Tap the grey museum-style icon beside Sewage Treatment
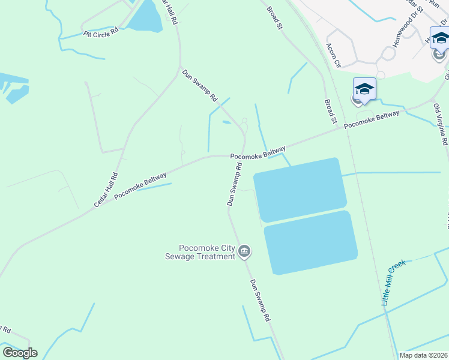244,252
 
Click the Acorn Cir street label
333,55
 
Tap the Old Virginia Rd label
441,124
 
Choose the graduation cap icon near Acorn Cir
364,89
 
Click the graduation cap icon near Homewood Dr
440,38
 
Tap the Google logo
20,353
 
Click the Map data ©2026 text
423,355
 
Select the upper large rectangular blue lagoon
300,189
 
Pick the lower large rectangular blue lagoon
311,242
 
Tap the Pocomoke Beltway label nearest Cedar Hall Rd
140,185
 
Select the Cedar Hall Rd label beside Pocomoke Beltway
106,190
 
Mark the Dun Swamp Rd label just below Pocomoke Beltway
235,184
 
